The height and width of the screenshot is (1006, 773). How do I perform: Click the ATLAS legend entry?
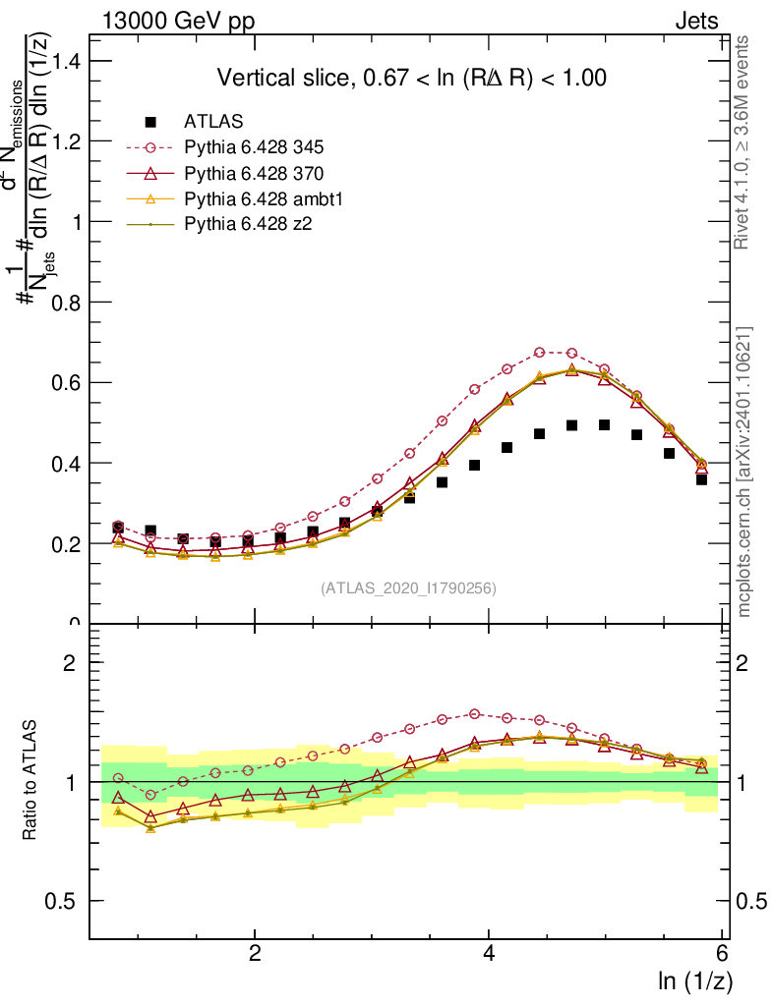213,123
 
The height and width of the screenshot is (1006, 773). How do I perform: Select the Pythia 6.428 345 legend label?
254,148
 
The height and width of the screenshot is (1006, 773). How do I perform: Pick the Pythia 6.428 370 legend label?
254,174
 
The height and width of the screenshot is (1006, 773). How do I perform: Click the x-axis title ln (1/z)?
693,980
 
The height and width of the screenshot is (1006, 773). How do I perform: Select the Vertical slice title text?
411,78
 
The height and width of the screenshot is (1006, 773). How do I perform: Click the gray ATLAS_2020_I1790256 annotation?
407,588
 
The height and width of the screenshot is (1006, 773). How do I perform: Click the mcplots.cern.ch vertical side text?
743,472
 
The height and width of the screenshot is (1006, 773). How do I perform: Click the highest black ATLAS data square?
604,425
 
